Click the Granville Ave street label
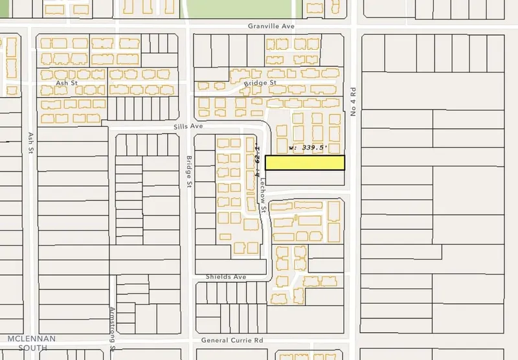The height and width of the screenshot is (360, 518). tap(271, 27)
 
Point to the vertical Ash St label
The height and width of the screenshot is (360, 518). tap(30, 143)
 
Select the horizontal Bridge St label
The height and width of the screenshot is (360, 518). tap(260, 83)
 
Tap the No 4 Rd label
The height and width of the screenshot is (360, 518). tap(354, 103)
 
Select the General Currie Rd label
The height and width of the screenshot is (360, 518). tap(232, 339)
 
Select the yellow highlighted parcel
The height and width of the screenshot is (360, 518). tap(304, 163)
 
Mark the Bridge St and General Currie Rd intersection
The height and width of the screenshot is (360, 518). tap(190, 339)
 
